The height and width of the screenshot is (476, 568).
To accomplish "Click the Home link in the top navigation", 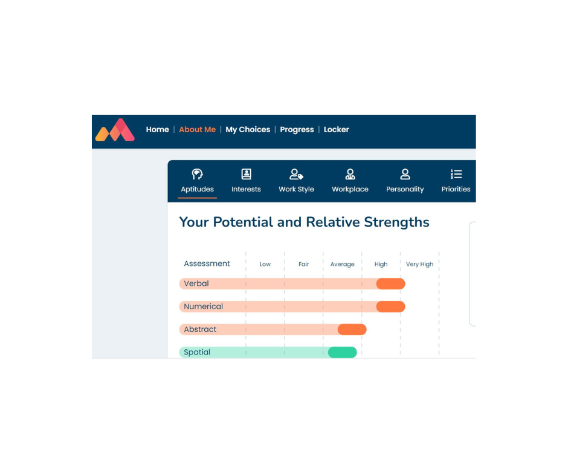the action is click(x=157, y=130).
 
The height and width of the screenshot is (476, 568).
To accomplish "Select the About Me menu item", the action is click(x=198, y=130).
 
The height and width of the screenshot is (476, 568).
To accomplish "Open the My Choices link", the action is click(x=248, y=130).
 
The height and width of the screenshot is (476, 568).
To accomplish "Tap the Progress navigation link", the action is click(x=297, y=130).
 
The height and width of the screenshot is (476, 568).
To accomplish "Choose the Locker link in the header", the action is click(x=336, y=130).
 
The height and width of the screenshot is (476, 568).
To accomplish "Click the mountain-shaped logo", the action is click(x=115, y=130).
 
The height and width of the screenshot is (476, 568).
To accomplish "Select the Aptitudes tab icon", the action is click(x=198, y=174).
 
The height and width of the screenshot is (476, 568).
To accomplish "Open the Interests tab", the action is click(x=246, y=181).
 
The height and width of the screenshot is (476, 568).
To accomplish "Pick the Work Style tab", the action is click(x=296, y=181).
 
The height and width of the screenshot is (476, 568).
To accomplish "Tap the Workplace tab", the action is click(x=350, y=181).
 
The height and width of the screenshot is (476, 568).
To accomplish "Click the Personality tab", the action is click(x=405, y=181).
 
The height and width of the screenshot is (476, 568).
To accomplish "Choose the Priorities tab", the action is click(x=456, y=181).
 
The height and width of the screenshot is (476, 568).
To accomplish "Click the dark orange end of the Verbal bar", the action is click(x=390, y=284).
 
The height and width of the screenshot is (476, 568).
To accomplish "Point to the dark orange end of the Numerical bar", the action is click(x=390, y=306).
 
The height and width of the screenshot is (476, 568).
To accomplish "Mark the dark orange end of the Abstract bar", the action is click(x=352, y=329).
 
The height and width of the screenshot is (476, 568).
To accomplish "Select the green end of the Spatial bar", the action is click(x=343, y=352).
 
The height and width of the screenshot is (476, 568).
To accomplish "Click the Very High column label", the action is click(x=419, y=264).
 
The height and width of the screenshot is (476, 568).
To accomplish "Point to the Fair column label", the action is click(x=303, y=264).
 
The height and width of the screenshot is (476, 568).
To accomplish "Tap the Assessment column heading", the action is click(x=207, y=263).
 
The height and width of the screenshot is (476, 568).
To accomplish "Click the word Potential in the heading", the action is click(x=243, y=222).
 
